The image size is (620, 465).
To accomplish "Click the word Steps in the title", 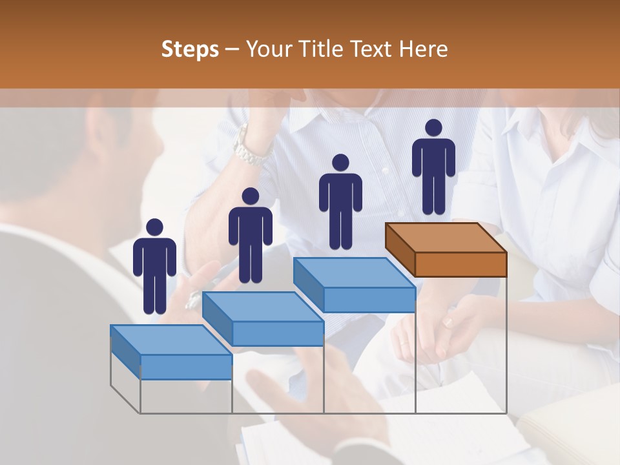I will pos(190,49).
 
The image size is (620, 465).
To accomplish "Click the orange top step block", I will pos(460,263).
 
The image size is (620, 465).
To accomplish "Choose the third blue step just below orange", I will pos(368,299).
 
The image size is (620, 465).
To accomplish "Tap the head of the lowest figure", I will pos(154,227).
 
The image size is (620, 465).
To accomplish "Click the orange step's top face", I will pos(446,237).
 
